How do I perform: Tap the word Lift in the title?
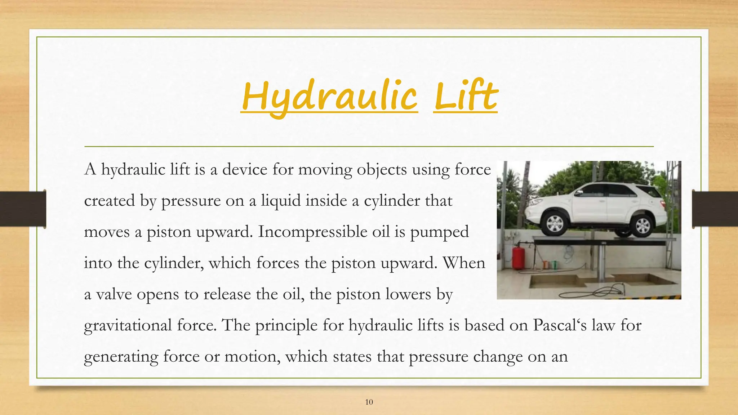[x=466, y=97]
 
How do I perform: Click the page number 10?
[x=369, y=402]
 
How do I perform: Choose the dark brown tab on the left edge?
[x=23, y=209]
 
